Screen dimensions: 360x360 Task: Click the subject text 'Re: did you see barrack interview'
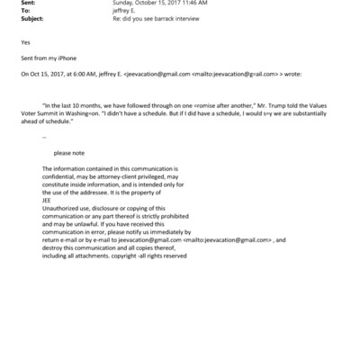coord(155,18)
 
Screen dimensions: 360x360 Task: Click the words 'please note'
coord(70,154)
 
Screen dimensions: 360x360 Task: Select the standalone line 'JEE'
coord(47,200)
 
